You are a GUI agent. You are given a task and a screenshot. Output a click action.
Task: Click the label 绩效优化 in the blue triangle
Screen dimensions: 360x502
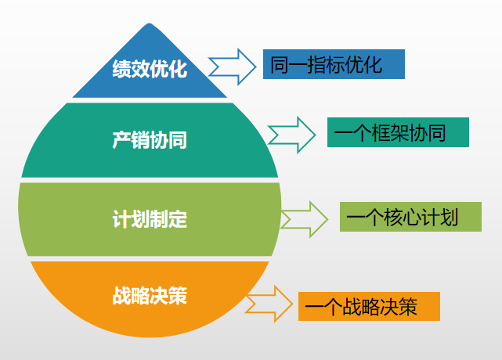pos(150,69)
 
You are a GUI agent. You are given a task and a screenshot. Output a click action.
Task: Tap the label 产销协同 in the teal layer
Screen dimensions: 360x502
pos(150,140)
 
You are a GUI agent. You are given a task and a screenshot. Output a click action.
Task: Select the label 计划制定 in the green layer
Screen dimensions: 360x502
pos(150,218)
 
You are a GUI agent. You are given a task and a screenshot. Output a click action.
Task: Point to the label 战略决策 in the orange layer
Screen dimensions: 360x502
pos(150,296)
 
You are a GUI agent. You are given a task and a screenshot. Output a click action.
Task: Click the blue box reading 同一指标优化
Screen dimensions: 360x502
pos(327,64)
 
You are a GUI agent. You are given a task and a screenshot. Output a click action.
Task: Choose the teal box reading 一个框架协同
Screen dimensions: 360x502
pos(398,133)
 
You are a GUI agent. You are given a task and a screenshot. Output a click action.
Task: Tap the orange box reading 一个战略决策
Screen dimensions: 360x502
pos(369,306)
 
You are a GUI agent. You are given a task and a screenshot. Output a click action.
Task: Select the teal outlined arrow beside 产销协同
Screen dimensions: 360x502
pos(292,135)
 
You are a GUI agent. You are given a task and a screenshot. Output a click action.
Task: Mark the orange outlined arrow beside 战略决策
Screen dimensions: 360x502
pos(270,303)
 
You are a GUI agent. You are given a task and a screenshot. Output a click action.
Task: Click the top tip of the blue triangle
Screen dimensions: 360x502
pos(150,24)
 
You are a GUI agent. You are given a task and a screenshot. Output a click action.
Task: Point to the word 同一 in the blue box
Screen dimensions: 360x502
pos(289,64)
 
